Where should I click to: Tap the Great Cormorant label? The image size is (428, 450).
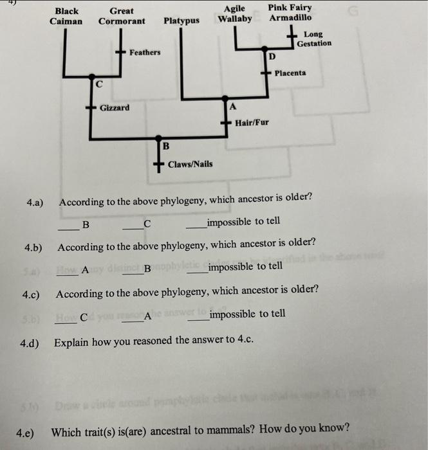[122, 16]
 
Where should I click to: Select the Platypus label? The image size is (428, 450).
[181, 21]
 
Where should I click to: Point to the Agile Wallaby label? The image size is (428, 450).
[235, 14]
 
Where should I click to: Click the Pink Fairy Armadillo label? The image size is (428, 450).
[290, 13]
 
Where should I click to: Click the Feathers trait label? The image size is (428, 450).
[145, 52]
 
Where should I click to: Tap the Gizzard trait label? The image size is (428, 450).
[115, 108]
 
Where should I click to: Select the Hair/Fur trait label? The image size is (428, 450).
[252, 122]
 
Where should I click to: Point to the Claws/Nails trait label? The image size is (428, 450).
[190, 165]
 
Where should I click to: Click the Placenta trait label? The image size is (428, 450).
[290, 73]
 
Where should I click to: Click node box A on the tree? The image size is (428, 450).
[233, 106]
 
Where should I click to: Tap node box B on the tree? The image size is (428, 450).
[165, 147]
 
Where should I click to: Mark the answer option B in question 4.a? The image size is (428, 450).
[86, 224]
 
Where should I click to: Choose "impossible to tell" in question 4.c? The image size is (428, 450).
[247, 314]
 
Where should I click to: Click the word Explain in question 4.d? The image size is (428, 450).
[70, 343]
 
